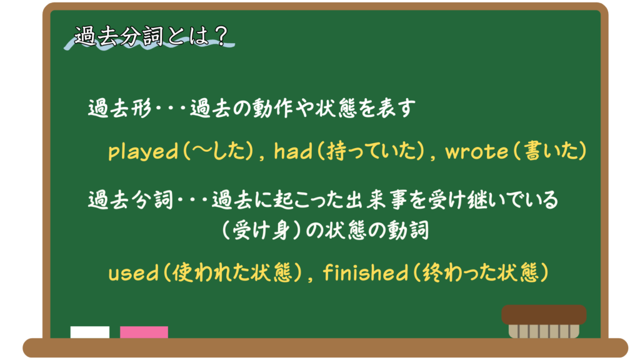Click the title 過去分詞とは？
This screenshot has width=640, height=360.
click(151, 36)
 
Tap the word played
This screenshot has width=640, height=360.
click(143, 151)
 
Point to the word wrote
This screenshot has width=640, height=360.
click(476, 151)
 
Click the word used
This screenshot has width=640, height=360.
click(133, 273)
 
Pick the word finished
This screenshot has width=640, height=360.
click(366, 272)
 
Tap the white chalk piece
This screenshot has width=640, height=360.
click(90, 332)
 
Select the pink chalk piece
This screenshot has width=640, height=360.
click(144, 332)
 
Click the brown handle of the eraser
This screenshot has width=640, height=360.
click(544, 315)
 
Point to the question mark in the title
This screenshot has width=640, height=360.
click(222, 36)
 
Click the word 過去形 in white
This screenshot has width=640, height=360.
click(120, 108)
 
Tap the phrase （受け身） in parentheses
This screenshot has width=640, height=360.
click(261, 231)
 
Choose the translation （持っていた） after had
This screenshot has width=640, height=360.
click(370, 151)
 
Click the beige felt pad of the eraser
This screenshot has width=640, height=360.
click(544, 331)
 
